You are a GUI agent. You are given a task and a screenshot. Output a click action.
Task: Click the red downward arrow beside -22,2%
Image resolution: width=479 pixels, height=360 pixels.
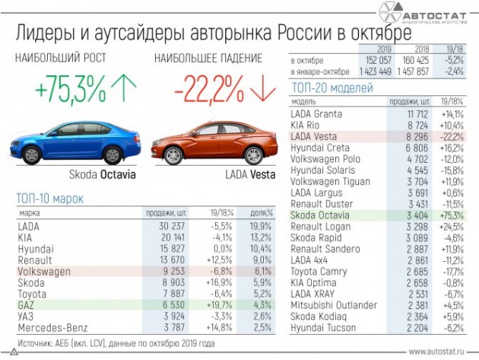click(262, 90)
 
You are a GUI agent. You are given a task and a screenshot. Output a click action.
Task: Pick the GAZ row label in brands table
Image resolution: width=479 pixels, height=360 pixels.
click(27, 303)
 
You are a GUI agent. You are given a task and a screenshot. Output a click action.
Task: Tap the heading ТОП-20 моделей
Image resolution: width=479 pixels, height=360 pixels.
click(331, 88)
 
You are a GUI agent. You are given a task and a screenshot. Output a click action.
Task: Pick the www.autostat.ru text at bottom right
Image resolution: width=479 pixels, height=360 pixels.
click(439, 352)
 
